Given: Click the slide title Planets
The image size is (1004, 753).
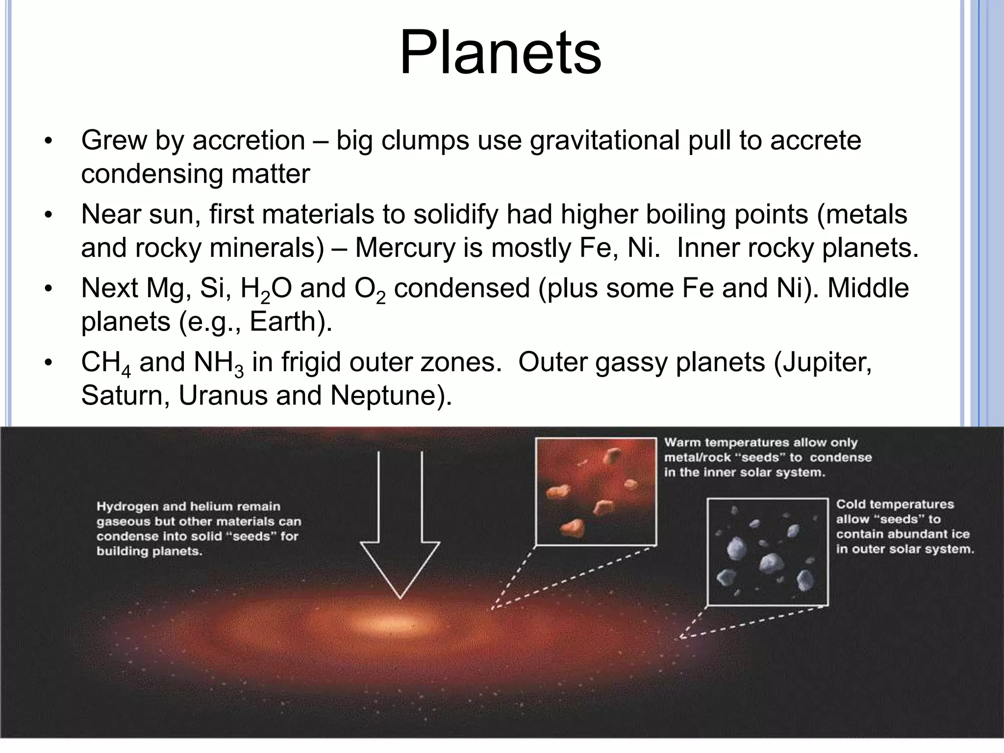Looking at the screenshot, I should (501, 53).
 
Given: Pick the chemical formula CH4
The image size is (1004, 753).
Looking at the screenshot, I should (106, 364).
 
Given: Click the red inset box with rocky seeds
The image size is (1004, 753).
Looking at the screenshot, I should (596, 491).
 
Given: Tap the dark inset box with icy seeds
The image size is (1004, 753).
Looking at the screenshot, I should (768, 552).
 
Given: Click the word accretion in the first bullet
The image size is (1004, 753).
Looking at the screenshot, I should (249, 141).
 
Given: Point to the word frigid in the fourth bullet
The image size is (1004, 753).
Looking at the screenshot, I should (304, 362).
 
